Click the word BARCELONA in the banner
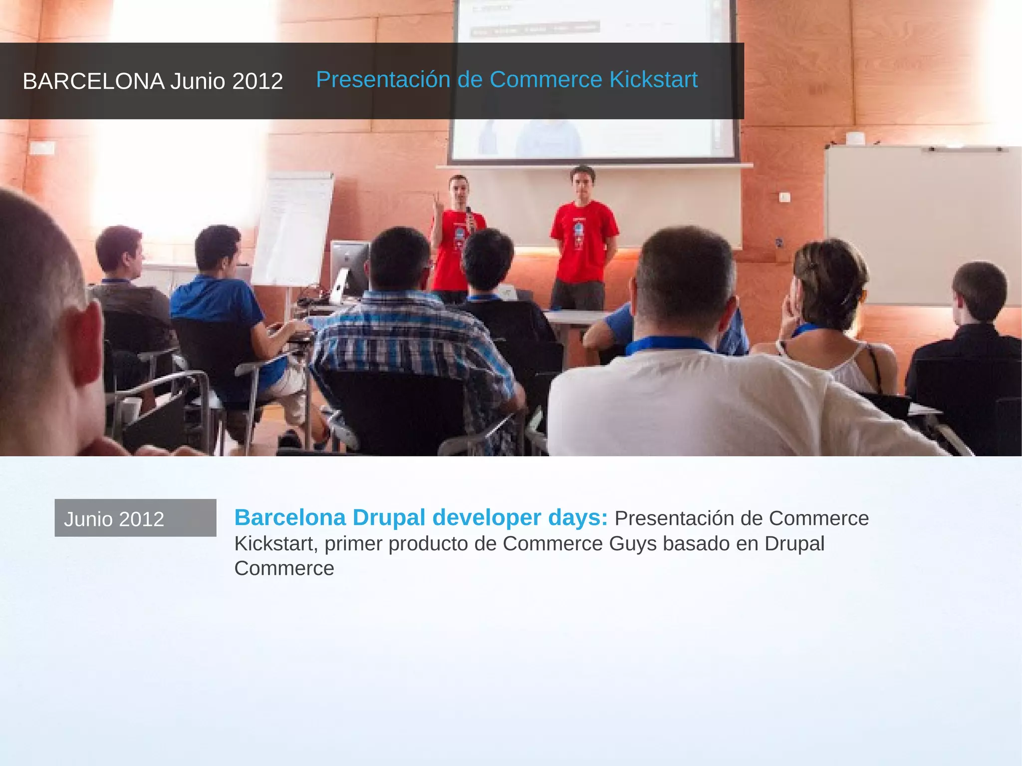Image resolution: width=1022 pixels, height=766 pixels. (93, 81)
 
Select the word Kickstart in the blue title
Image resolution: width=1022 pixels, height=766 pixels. (653, 80)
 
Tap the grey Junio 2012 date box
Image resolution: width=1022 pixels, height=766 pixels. (135, 518)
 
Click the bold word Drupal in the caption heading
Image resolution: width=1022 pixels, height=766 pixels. (389, 517)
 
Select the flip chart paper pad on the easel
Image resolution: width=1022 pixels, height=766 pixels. (293, 227)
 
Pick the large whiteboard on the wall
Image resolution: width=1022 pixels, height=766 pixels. (923, 225)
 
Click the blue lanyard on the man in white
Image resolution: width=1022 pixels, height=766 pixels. (669, 344)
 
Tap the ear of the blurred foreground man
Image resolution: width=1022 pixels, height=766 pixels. (85, 344)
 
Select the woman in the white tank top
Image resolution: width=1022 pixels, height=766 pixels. (833, 319)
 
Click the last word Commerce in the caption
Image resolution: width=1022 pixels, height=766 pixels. (284, 568)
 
